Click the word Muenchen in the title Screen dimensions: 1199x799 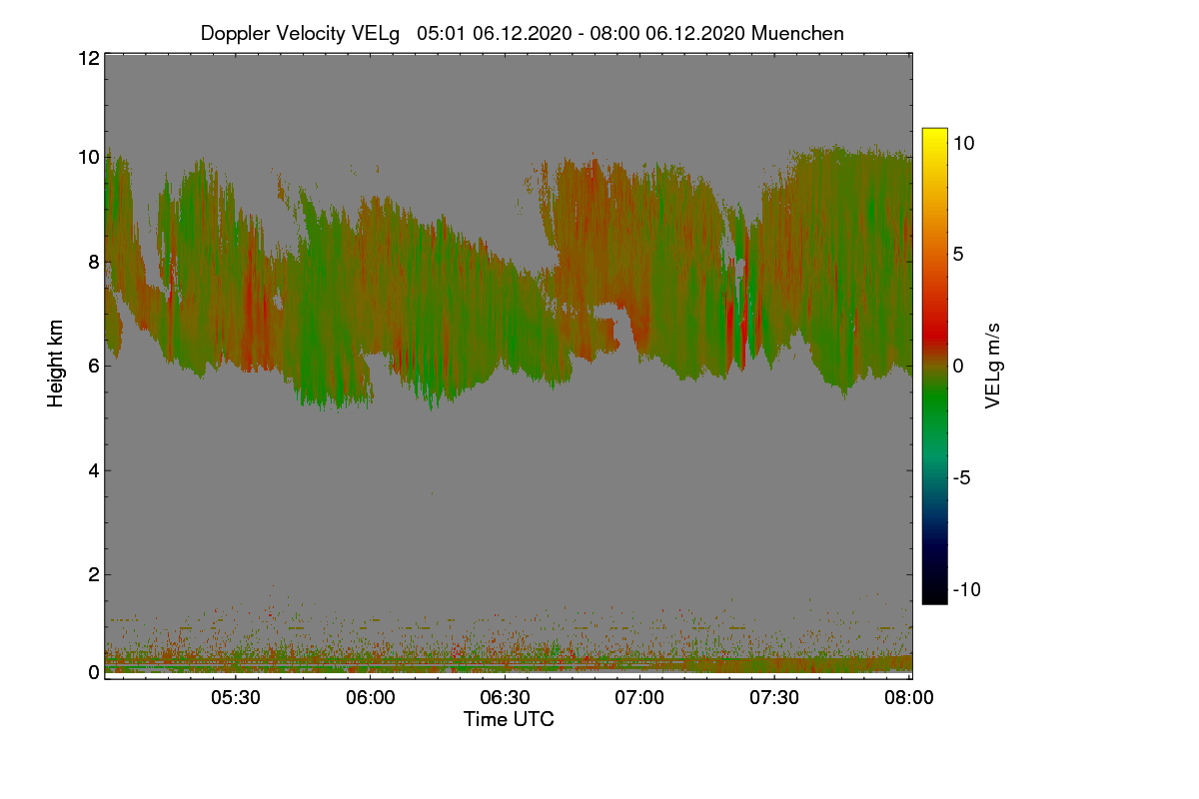point(797,33)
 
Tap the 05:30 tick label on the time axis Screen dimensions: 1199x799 point(236,697)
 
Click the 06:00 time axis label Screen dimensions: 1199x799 point(371,697)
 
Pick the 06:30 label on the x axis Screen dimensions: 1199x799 point(505,697)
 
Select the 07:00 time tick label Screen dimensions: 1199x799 point(639,697)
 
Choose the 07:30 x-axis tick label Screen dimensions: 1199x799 point(774,697)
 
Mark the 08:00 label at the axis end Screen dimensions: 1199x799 point(909,697)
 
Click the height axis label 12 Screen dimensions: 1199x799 point(89,58)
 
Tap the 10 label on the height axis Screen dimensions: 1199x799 point(89,158)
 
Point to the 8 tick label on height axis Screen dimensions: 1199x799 point(94,262)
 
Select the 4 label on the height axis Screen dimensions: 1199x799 point(94,471)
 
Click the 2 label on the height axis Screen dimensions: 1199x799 point(94,574)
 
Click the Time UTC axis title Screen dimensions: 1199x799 point(509,719)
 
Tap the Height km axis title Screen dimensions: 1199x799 point(55,364)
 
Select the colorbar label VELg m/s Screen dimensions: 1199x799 point(992,367)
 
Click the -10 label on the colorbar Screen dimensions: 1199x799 point(967,589)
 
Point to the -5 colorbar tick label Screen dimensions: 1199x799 point(962,477)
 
